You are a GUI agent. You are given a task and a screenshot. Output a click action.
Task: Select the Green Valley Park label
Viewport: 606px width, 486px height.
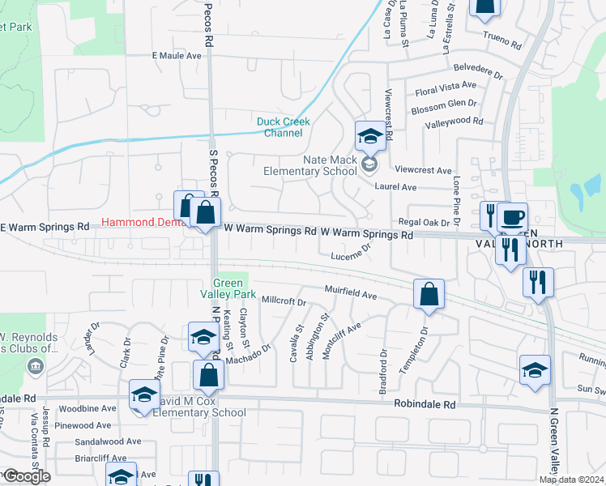tap(228, 288)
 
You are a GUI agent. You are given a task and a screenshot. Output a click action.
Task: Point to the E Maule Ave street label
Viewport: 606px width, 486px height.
tap(177, 56)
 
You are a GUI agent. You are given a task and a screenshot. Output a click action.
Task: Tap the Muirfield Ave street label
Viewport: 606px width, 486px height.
tap(352, 292)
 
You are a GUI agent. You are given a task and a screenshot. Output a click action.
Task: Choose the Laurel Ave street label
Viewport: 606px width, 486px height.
tap(395, 187)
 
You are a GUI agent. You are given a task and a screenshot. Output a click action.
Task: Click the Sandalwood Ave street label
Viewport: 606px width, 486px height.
tap(108, 442)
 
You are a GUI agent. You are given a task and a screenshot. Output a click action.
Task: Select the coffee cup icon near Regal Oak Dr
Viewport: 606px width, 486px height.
tap(511, 217)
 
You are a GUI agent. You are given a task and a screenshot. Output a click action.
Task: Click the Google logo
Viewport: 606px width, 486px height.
tap(27, 476)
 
